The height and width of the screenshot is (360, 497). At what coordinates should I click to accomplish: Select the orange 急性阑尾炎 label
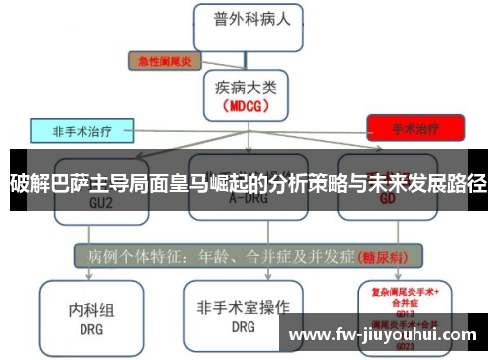pyautogui.click(x=163, y=61)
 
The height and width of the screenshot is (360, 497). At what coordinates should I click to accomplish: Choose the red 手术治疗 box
pyautogui.click(x=414, y=128)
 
